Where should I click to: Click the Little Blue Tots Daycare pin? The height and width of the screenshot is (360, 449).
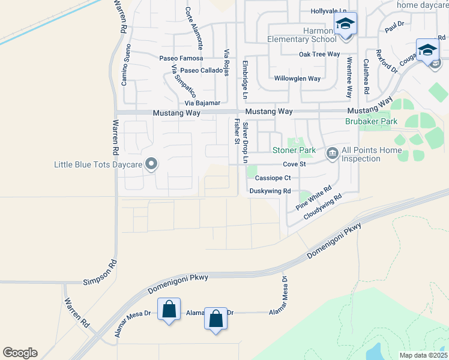151,164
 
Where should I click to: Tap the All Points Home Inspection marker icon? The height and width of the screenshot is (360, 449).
331,154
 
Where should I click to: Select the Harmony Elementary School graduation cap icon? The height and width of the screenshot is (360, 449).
345,25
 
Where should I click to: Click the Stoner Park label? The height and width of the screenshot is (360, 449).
294,150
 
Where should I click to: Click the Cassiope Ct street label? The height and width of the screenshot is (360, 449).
273,178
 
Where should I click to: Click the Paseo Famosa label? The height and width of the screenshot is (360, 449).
181,59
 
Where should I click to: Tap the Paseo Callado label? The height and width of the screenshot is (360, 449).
201,70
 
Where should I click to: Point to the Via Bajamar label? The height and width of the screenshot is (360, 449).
202,103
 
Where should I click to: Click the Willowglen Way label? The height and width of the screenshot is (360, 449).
298,79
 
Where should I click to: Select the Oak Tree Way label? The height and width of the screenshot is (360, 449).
319,55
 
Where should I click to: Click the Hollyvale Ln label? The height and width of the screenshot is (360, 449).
329,11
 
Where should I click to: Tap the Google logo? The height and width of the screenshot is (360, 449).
20,353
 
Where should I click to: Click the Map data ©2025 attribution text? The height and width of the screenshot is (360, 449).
423,355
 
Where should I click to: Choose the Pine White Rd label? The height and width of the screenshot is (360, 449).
314,199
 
